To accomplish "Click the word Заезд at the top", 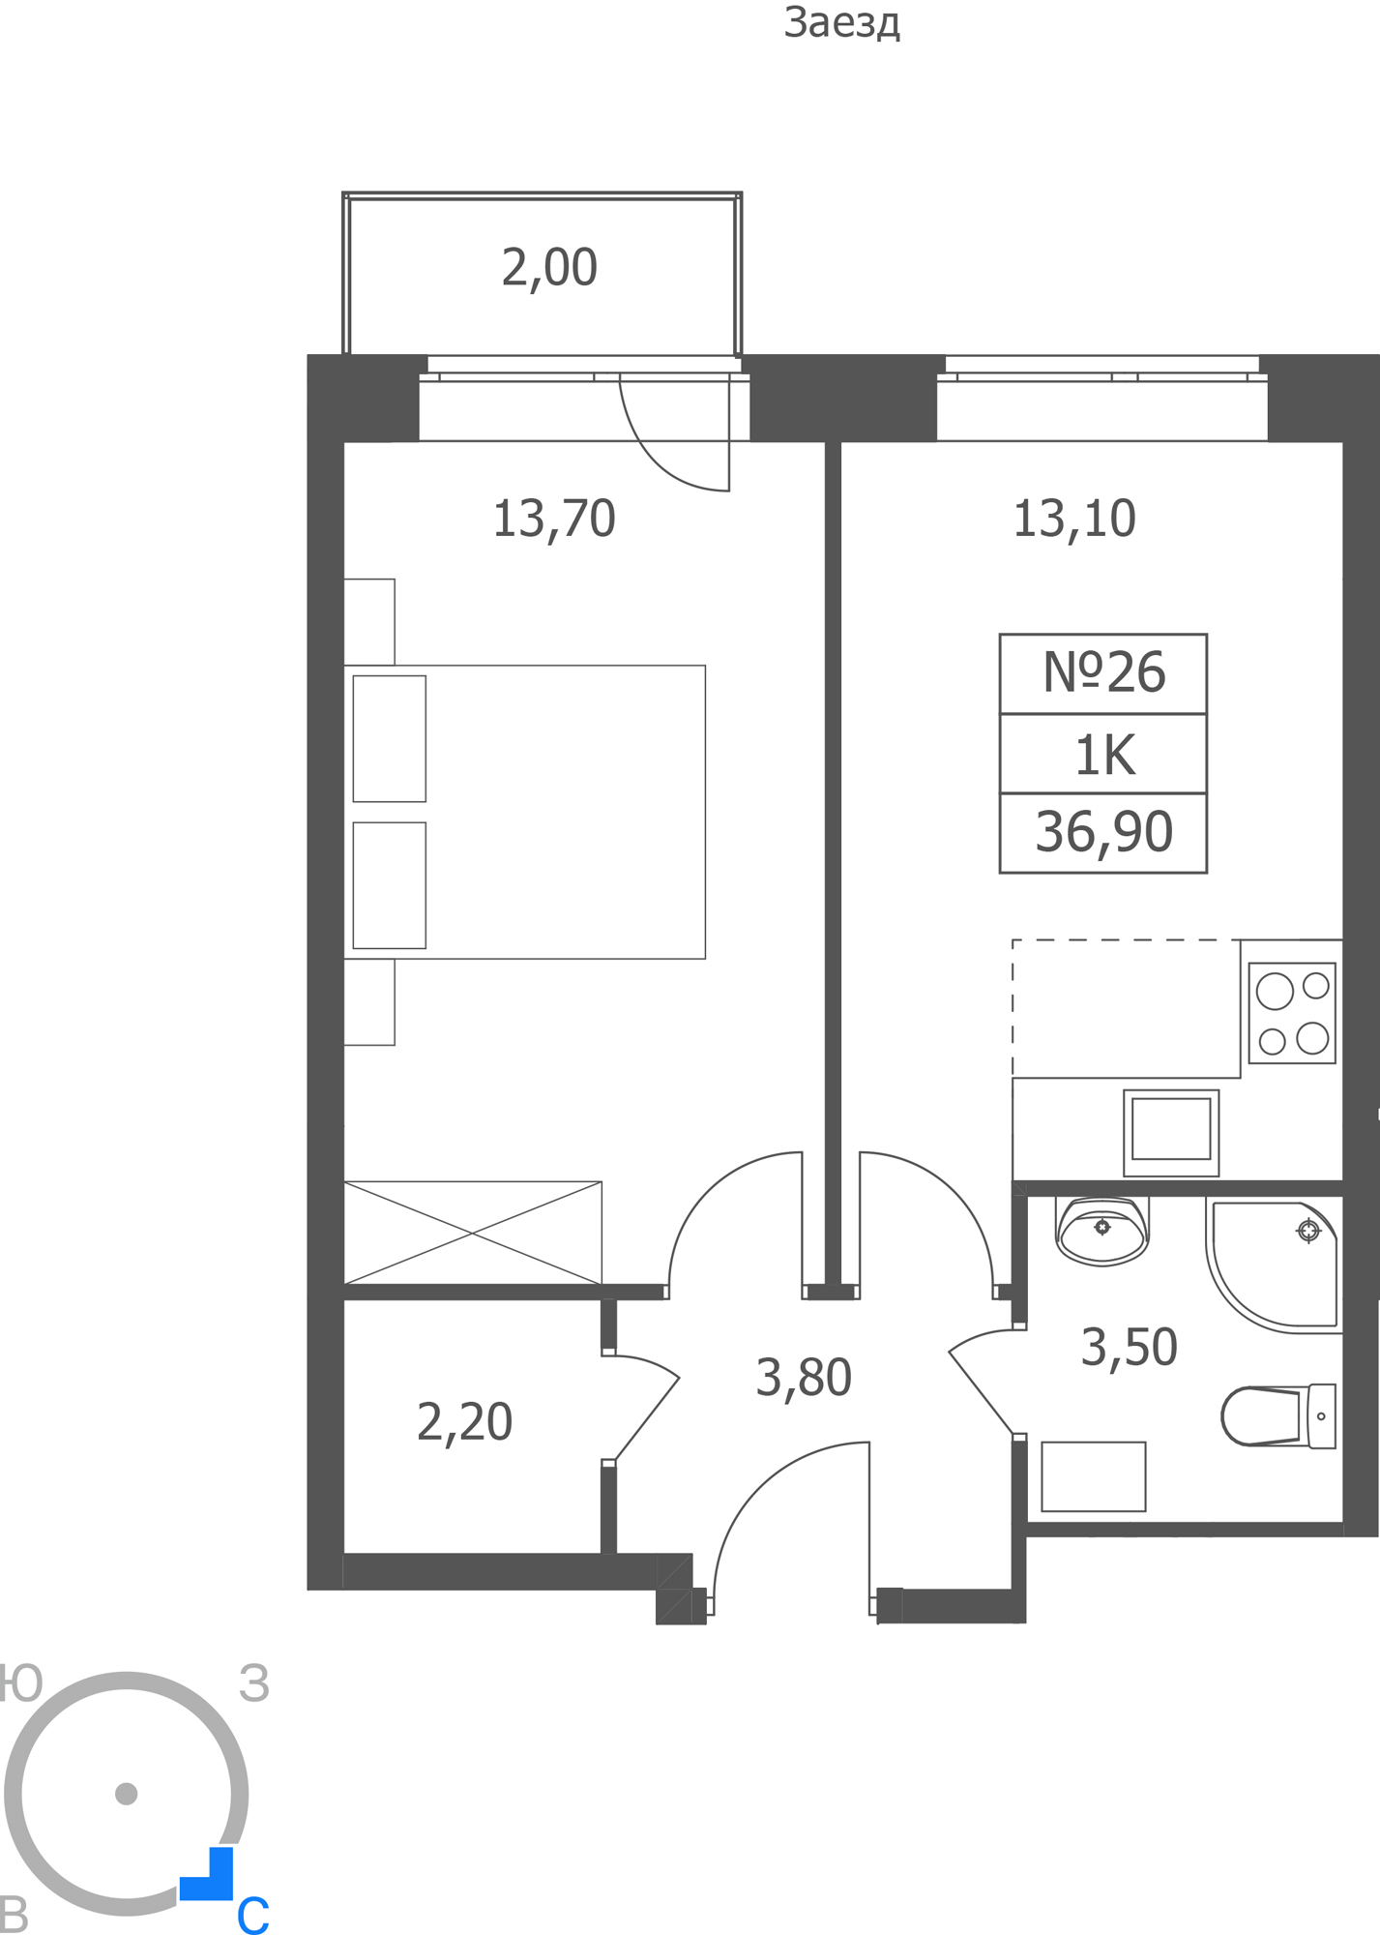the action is pos(841,23).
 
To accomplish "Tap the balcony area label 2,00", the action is pos(549,268).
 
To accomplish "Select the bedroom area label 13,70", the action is pos(554,519).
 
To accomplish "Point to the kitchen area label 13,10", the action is pos(1073,519).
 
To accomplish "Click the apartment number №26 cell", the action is pos(1103,673).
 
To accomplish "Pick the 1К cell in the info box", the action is pos(1103,755).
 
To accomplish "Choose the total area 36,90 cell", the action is pos(1103,833).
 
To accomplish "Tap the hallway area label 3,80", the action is pos(803,1378).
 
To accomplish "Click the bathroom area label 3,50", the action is pos(1129,1347).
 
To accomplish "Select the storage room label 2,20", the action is pos(464,1422).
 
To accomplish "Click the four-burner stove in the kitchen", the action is pos(1292,1013).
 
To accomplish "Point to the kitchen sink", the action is pos(1171,1132).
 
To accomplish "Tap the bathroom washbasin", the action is pos(1102,1231).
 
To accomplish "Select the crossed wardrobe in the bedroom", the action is pos(473,1233).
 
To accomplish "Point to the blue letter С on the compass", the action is pos(253,1915).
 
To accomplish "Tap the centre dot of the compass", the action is pos(126,1794).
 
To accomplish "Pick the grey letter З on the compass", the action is pos(254,1684).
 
